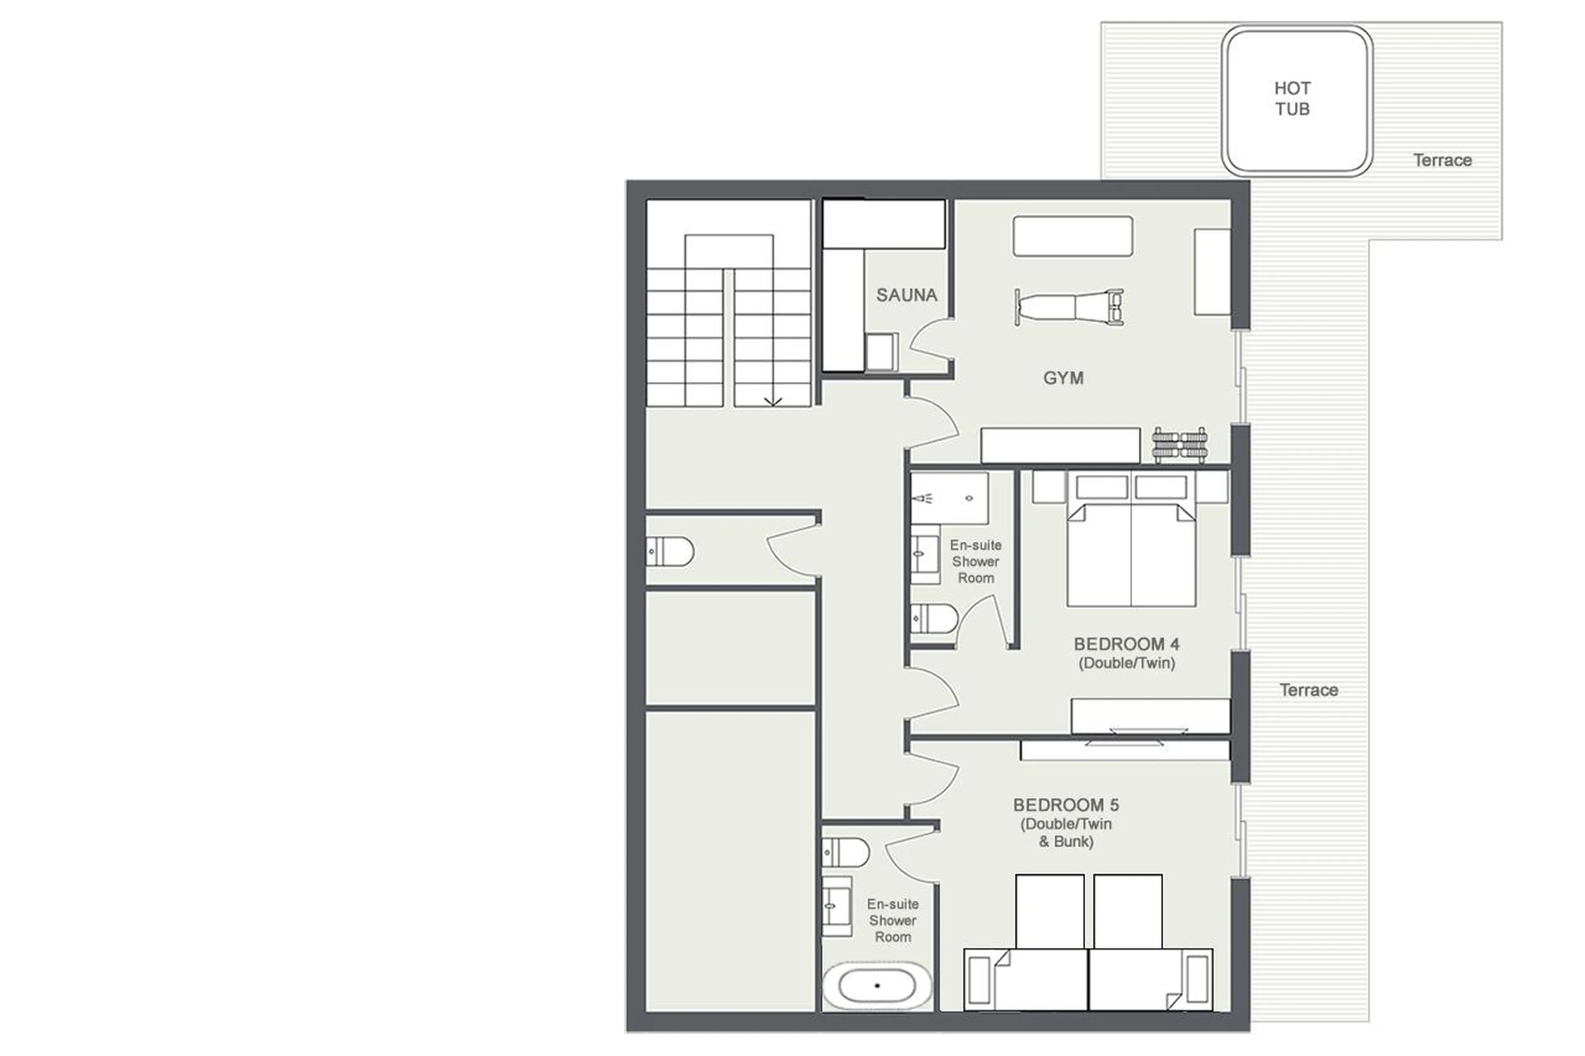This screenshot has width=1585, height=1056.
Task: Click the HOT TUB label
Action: coord(1291,98)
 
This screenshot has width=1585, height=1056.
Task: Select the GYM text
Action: coord(1062,378)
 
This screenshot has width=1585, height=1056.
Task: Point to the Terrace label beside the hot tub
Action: coord(1441,160)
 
